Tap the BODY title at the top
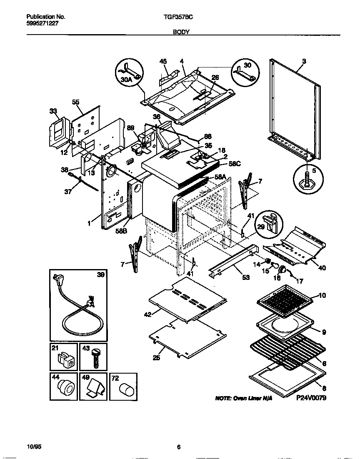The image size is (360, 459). [x=182, y=32]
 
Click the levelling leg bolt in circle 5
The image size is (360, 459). [x=307, y=177]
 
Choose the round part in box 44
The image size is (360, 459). [x=65, y=388]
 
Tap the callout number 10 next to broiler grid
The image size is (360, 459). [x=322, y=295]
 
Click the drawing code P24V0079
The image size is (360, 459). [x=311, y=398]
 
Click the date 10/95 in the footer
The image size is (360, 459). [x=34, y=447]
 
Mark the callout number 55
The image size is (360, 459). [x=75, y=102]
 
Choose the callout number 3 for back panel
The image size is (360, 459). [x=304, y=61]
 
